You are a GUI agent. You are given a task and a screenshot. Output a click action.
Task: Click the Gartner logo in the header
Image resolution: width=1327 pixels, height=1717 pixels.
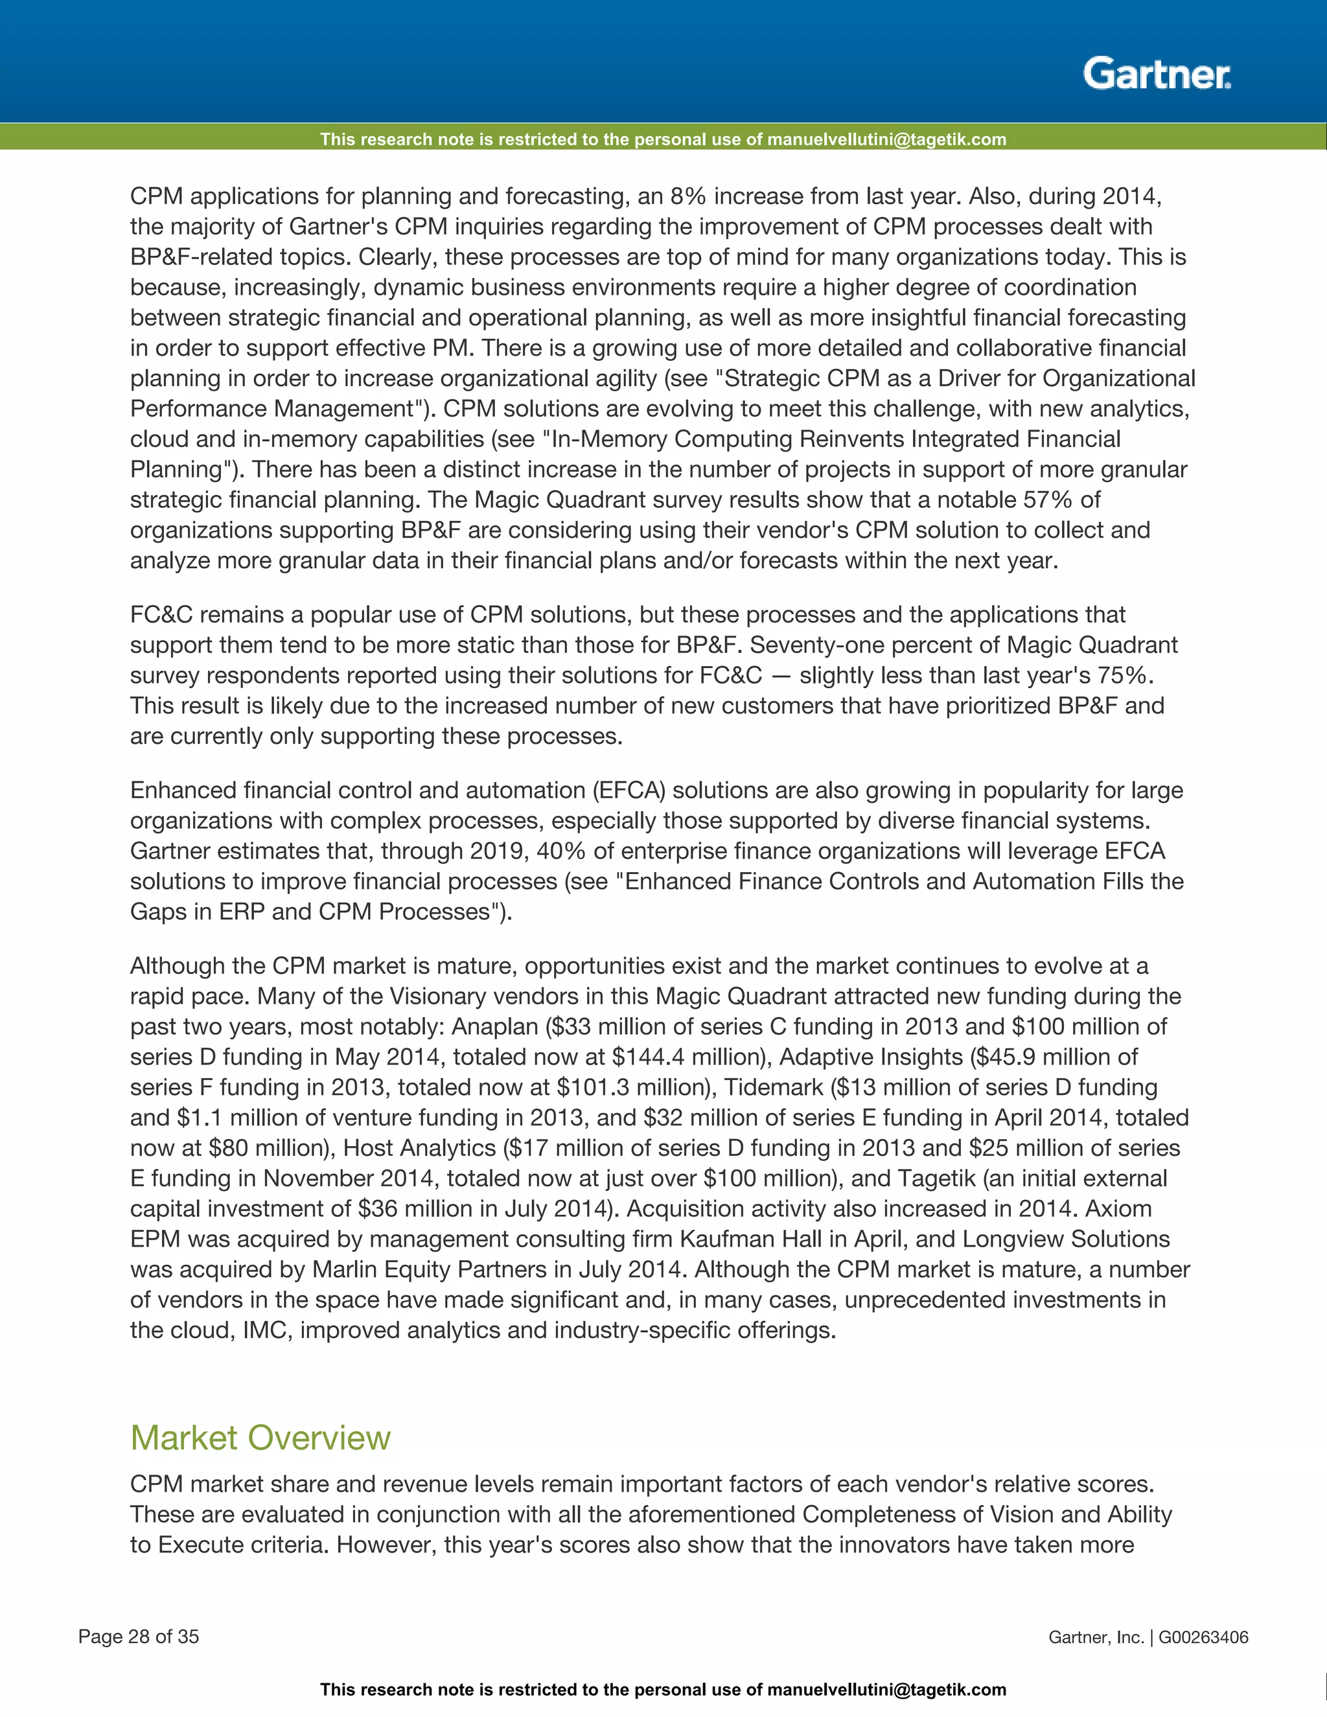[x=1157, y=75]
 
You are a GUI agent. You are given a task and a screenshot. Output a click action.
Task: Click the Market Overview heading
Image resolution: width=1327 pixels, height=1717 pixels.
[x=260, y=1438]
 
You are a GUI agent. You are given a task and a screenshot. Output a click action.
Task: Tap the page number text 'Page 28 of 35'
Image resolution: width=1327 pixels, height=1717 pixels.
[x=139, y=1637]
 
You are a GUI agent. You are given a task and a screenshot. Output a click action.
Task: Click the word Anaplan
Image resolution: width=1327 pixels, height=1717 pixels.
[x=494, y=1027]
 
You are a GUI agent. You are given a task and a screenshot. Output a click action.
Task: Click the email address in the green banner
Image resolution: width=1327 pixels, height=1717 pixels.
[x=886, y=140]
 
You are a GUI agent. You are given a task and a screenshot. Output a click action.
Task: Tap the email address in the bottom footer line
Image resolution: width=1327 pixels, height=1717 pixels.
[x=886, y=1690]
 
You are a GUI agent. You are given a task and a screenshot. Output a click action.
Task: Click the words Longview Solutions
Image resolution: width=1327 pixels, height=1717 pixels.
[x=1066, y=1239]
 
